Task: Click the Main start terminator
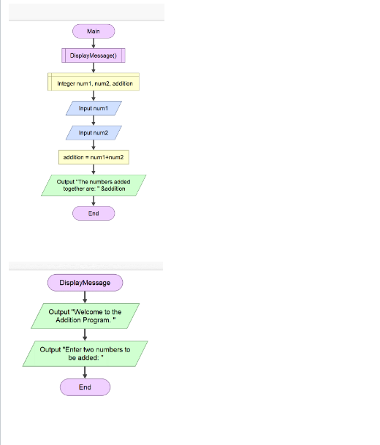pyautogui.click(x=94, y=31)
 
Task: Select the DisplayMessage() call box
pyautogui.click(x=94, y=56)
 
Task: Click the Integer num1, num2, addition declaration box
pyautogui.click(x=94, y=83)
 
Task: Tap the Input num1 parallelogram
pyautogui.click(x=94, y=107)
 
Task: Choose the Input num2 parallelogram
pyautogui.click(x=94, y=132)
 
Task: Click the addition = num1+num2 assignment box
pyautogui.click(x=94, y=157)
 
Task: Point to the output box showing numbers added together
pyautogui.click(x=94, y=185)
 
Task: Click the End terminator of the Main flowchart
pyautogui.click(x=94, y=213)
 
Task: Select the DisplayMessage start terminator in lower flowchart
pyautogui.click(x=85, y=283)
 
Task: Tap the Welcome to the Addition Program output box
pyautogui.click(x=85, y=316)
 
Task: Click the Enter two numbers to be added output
pyautogui.click(x=85, y=354)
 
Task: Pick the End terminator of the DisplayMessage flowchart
pyautogui.click(x=85, y=387)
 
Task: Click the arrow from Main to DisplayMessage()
pyautogui.click(x=94, y=43)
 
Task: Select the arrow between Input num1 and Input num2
pyautogui.click(x=94, y=120)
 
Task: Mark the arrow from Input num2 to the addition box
pyautogui.click(x=94, y=145)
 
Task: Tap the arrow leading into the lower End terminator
pyautogui.click(x=85, y=373)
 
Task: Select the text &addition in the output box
pyautogui.click(x=111, y=189)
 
